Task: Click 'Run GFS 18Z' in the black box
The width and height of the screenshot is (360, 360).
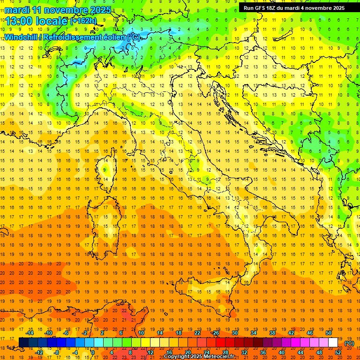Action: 264,8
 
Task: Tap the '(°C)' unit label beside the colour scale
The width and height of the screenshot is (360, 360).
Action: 349,343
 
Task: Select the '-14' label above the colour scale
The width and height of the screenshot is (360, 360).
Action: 30,333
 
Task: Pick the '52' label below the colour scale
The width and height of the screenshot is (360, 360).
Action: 338,352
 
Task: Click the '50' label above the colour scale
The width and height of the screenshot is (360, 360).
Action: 329,333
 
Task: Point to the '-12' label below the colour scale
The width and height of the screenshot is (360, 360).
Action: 39,352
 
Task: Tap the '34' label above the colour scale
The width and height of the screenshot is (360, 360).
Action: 254,333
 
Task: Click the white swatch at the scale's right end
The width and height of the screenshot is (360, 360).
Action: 333,343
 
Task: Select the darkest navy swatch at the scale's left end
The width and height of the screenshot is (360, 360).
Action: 23,343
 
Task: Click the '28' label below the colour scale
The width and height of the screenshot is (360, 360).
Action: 225,352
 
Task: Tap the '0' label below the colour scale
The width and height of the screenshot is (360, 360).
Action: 93,352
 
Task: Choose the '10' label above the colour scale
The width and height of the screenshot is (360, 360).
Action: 141,333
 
